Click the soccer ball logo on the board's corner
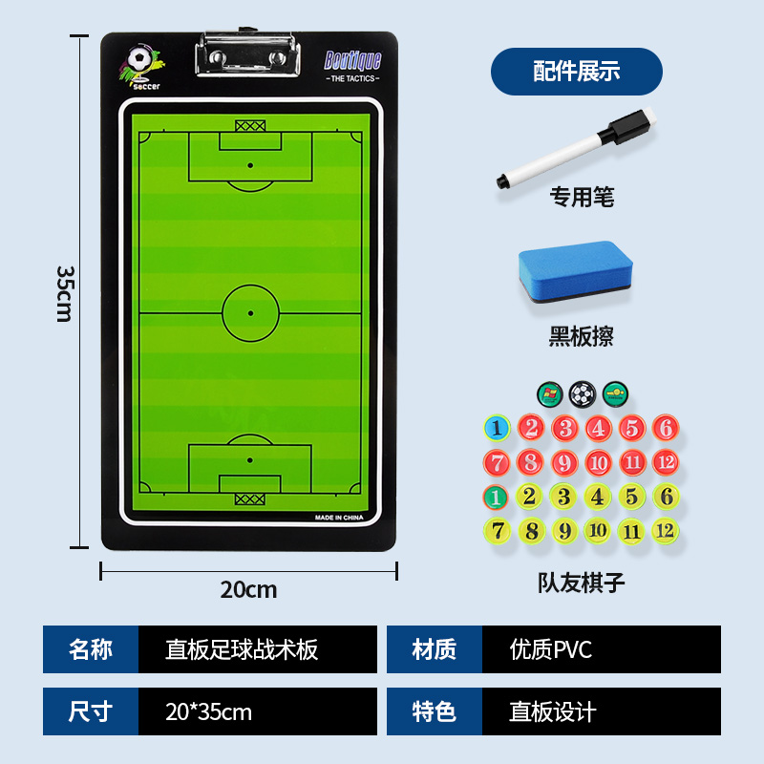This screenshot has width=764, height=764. (140, 63)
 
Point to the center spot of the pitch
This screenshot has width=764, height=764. (250, 312)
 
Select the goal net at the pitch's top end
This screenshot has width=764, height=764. (250, 125)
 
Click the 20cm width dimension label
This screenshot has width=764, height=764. (248, 589)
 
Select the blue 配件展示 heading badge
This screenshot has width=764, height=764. (576, 71)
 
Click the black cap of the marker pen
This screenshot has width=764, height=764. (629, 127)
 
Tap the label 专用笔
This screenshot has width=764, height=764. (581, 198)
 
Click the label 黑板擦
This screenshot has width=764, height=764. (581, 336)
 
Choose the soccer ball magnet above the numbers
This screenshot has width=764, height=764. (581, 393)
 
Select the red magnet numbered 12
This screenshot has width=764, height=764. (665, 462)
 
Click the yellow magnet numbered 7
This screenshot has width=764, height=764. (496, 530)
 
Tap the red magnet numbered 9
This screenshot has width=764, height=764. (563, 463)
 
